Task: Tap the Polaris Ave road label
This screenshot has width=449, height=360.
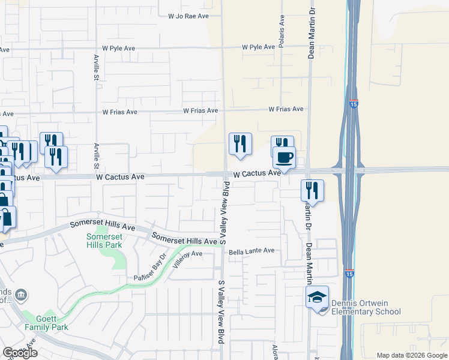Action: pyautogui.click(x=282, y=37)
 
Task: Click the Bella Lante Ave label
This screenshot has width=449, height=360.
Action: pyautogui.click(x=251, y=251)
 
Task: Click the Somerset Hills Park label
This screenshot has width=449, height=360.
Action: pyautogui.click(x=104, y=241)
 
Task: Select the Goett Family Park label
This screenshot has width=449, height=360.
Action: pyautogui.click(x=46, y=323)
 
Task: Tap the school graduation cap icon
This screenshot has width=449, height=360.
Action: pyautogui.click(x=317, y=296)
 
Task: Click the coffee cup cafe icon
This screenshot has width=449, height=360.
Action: pyautogui.click(x=284, y=158)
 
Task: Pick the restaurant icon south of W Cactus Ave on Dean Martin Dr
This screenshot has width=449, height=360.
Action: pyautogui.click(x=312, y=190)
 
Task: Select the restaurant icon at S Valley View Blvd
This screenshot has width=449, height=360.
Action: pyautogui.click(x=240, y=143)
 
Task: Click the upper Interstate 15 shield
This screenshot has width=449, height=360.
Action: pyautogui.click(x=354, y=104)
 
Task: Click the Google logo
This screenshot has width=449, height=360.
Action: pyautogui.click(x=20, y=353)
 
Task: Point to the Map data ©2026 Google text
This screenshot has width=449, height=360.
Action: pyautogui.click(x=412, y=355)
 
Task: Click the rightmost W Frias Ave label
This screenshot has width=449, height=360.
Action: pyautogui.click(x=286, y=109)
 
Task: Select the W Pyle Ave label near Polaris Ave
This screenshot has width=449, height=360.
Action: pyautogui.click(x=259, y=47)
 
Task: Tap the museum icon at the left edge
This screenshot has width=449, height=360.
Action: pyautogui.click(x=21, y=295)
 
